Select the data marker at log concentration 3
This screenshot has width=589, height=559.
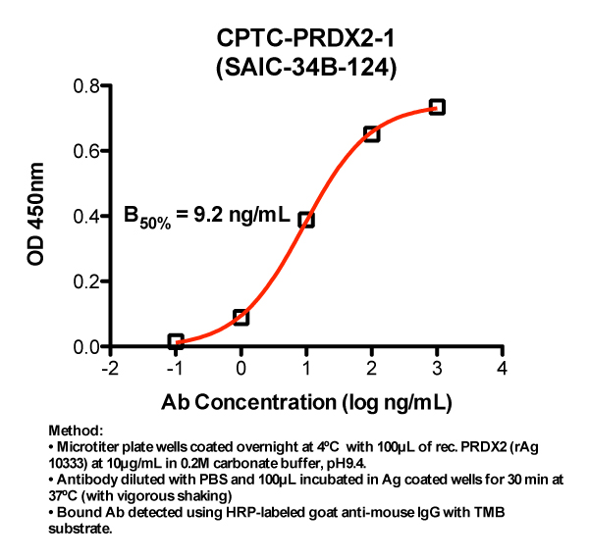[437, 107]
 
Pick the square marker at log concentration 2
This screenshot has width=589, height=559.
[371, 133]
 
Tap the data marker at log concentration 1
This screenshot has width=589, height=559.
[306, 220]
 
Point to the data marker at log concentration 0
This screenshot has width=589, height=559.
[241, 317]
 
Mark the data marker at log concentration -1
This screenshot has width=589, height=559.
[176, 341]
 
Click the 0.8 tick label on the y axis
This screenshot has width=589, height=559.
[89, 86]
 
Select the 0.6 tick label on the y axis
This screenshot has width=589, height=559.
[89, 151]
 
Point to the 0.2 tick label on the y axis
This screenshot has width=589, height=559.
[89, 281]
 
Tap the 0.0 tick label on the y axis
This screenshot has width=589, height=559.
[89, 346]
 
